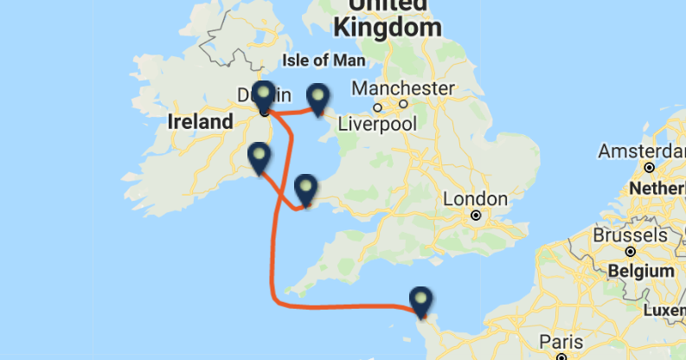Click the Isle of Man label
point(324,61)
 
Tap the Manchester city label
point(402,88)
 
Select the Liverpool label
point(376,124)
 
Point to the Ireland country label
point(200,121)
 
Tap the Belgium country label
point(640,271)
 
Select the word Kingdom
point(387,28)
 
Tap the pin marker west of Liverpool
point(318,99)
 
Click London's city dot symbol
point(476,215)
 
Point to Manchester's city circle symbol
point(377,107)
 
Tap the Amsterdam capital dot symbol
point(649,167)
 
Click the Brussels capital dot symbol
point(631,251)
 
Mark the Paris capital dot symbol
point(561,356)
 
